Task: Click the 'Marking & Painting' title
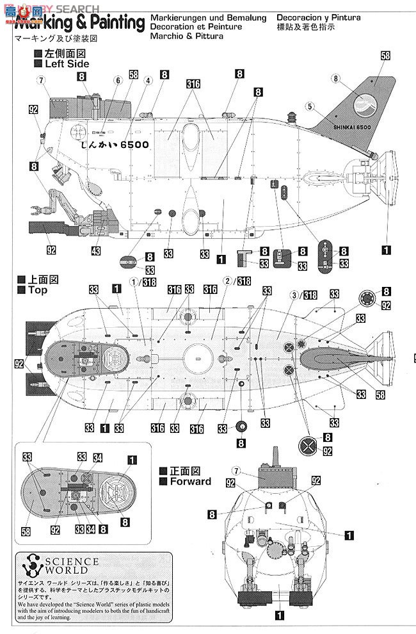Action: click(x=79, y=24)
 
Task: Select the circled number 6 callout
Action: click(x=117, y=81)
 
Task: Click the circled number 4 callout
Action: click(x=148, y=81)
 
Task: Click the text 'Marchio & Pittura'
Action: click(x=188, y=37)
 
